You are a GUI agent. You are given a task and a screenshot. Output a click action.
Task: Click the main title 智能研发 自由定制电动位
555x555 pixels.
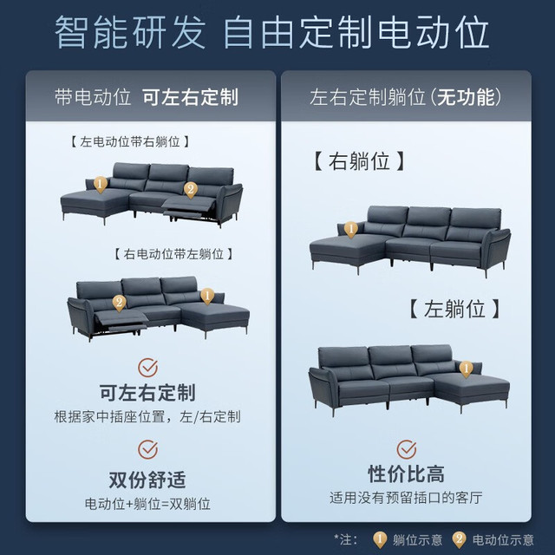click(x=271, y=33)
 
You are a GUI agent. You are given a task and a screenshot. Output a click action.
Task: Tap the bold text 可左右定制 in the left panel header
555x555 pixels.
click(x=190, y=97)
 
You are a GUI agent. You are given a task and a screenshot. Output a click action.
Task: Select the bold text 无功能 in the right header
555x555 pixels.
click(x=466, y=97)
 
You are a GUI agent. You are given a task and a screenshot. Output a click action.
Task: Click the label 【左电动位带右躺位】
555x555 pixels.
click(x=129, y=141)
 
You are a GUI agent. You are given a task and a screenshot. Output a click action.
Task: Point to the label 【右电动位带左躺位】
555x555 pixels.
click(x=173, y=254)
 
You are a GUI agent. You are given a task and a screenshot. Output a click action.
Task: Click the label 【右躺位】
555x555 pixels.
click(x=359, y=161)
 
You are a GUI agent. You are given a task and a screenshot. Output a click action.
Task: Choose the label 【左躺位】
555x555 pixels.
click(x=454, y=309)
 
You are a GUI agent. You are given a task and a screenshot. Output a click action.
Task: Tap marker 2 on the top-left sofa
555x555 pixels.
click(x=191, y=190)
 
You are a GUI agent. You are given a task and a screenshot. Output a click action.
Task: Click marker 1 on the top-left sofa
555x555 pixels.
click(x=101, y=185)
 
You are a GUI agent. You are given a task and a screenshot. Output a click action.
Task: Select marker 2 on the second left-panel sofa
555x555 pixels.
click(x=120, y=304)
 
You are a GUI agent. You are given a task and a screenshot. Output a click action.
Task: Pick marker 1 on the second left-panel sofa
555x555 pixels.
click(x=207, y=296)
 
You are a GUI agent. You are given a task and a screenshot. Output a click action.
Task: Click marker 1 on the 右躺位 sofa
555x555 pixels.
click(x=350, y=230)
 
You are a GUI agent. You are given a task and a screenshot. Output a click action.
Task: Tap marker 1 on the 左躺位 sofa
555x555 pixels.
click(x=467, y=369)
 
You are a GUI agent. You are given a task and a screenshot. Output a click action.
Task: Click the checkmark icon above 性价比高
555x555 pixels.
click(x=407, y=449)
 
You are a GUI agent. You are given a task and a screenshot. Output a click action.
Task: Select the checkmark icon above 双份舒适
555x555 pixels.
click(x=147, y=449)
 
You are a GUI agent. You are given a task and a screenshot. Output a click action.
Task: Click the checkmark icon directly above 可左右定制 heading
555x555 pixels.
click(x=147, y=368)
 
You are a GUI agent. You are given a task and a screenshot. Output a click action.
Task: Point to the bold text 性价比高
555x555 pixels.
click(x=407, y=474)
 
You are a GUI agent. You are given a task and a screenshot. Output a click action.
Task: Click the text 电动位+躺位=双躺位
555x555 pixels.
click(x=147, y=504)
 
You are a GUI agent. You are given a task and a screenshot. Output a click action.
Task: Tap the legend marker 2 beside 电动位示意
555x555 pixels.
click(x=459, y=540)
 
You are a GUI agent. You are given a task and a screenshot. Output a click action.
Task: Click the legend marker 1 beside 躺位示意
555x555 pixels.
click(x=380, y=540)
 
